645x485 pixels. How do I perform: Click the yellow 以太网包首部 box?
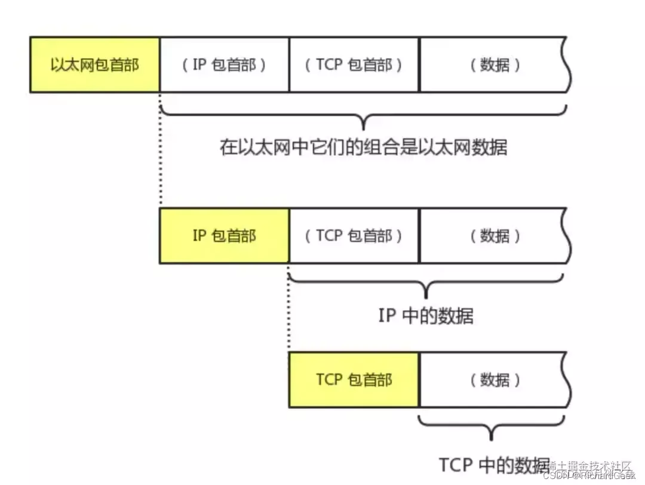(x=95, y=65)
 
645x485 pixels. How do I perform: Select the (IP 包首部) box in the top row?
(x=225, y=65)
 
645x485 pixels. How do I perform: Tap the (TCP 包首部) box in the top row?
(x=354, y=65)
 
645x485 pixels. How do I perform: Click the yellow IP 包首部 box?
(x=224, y=235)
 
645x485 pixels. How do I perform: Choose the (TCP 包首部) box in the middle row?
(x=354, y=235)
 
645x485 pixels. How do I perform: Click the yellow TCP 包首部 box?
(x=354, y=379)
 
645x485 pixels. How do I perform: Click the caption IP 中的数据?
(x=426, y=315)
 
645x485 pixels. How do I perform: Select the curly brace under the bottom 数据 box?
(x=492, y=428)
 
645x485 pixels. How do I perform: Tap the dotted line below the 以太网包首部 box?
(x=160, y=149)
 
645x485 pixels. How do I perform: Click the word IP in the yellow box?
(x=199, y=235)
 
